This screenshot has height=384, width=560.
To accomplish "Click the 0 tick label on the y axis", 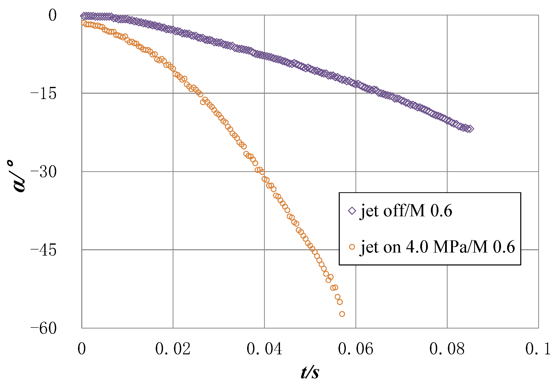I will coord(52,15).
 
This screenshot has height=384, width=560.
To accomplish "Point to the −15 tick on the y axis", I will coord(43,94).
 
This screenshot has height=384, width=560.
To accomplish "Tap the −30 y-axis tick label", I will coord(43,172).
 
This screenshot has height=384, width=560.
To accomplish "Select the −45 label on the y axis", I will coord(43,250).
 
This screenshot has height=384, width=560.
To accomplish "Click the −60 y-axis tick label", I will coord(43,329).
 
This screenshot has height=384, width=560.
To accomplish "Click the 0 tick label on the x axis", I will coord(82,349).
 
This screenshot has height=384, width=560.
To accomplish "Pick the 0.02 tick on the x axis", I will coord(173,349).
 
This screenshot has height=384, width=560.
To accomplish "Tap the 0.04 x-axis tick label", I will coord(264,349).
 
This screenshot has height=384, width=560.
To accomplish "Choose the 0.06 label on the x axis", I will coord(355,349).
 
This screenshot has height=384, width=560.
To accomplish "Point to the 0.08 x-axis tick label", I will coord(447,349).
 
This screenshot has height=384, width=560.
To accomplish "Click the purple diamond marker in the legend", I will coord(352,211).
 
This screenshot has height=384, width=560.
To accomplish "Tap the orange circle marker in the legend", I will coord(352,247).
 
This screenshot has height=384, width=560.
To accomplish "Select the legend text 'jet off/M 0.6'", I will coord(406,211).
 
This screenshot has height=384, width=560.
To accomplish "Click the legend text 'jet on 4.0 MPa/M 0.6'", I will coord(437,247).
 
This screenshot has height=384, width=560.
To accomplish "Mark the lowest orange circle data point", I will coord(342,314).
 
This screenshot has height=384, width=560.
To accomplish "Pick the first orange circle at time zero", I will coord(84,23).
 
